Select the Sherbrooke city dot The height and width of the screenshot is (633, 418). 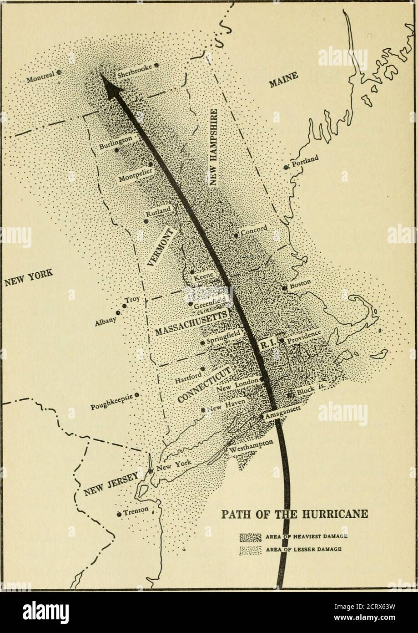156,66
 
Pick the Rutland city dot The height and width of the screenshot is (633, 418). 146,221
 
